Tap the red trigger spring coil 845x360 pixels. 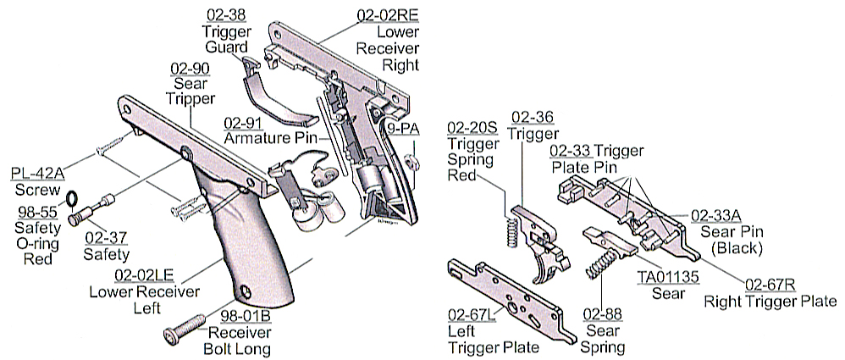click(x=511, y=230)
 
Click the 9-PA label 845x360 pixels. click(x=403, y=128)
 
